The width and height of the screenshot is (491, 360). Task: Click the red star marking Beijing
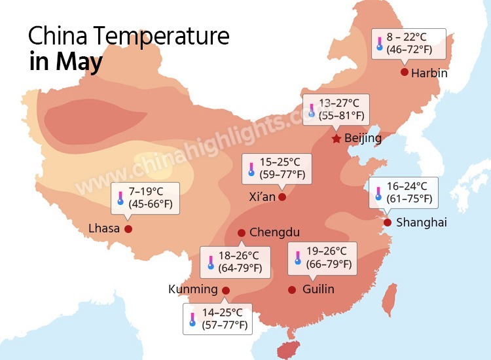336,139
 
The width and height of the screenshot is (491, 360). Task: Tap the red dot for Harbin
405,72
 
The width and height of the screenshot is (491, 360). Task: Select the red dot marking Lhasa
128,228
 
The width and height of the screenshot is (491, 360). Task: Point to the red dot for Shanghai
387,223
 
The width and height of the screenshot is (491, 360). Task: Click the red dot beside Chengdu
242,232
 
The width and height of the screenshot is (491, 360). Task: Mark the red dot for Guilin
292,289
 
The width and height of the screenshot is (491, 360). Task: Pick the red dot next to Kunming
226,290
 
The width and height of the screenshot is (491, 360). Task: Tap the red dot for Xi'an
282,196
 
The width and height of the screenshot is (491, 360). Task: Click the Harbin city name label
429,73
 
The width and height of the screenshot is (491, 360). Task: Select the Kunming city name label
192,289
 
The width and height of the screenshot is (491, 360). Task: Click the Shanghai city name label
421,223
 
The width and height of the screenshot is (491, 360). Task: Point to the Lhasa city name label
104,228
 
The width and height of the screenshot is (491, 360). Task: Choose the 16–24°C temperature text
407,186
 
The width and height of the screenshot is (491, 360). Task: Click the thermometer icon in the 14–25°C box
192,319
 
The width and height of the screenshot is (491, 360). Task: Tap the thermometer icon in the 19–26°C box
297,257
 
